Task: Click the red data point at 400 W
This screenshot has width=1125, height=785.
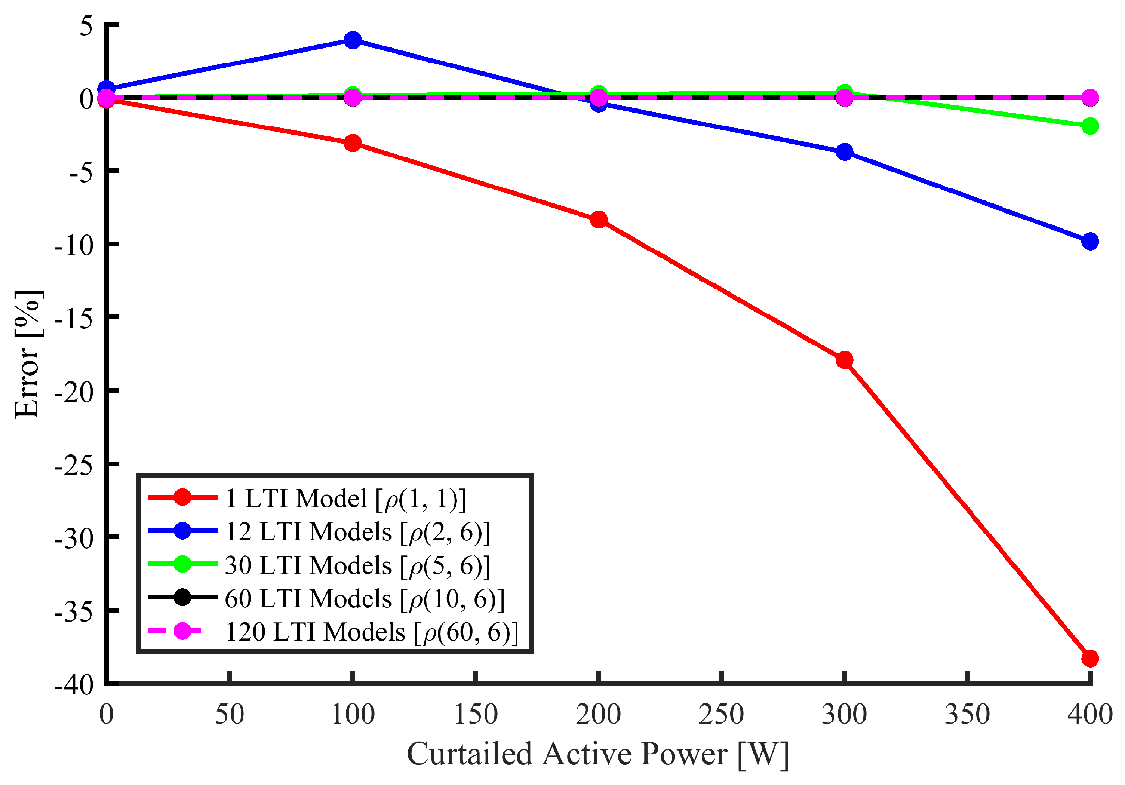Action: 1090,658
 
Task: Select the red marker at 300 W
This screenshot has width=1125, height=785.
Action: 845,360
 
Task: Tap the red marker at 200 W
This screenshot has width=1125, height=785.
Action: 599,219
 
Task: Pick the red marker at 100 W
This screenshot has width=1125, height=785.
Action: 353,143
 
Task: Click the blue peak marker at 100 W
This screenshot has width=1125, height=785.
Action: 353,40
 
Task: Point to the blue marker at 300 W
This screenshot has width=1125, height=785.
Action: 845,152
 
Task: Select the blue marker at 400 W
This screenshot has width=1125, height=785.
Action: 1090,241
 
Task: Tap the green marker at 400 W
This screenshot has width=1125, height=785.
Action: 1090,126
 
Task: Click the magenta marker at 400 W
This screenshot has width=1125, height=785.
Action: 1090,97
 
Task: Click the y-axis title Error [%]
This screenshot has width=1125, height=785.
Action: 27,354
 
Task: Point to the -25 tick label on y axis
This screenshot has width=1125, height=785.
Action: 74,465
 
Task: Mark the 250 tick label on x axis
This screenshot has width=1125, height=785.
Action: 721,715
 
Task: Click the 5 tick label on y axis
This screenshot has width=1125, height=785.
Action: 87,26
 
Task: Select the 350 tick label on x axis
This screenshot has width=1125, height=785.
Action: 967,715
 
